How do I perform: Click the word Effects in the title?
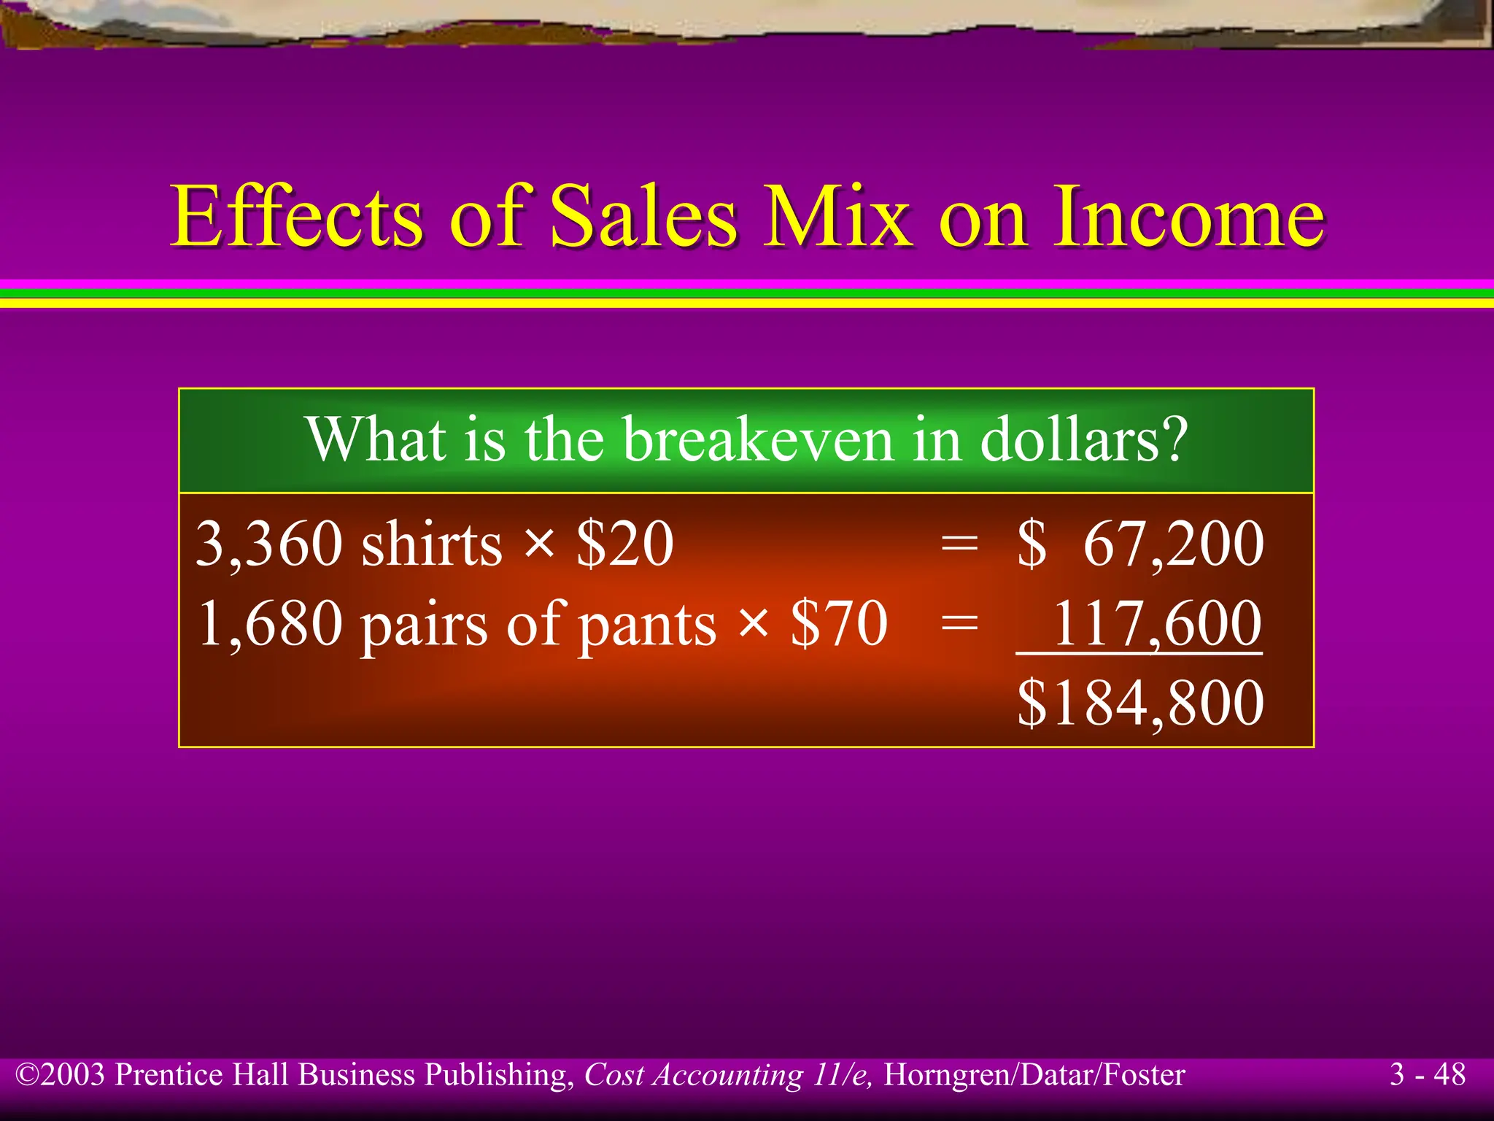295,216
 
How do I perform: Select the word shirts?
432,545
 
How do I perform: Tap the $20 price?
624,544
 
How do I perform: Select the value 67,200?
1173,544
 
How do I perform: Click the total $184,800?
1140,702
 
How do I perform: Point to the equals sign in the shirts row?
959,544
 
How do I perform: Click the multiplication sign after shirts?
539,544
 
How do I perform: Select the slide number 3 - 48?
1427,1074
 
